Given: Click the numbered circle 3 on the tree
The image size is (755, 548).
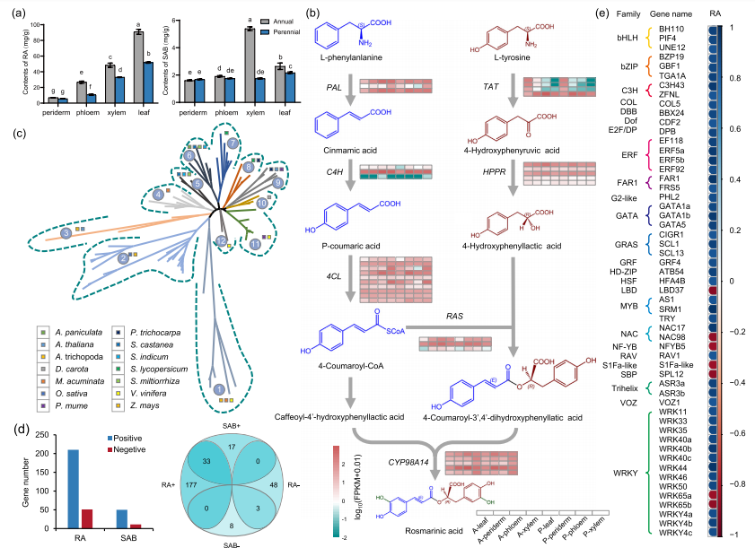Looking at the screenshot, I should [x=66, y=233].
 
